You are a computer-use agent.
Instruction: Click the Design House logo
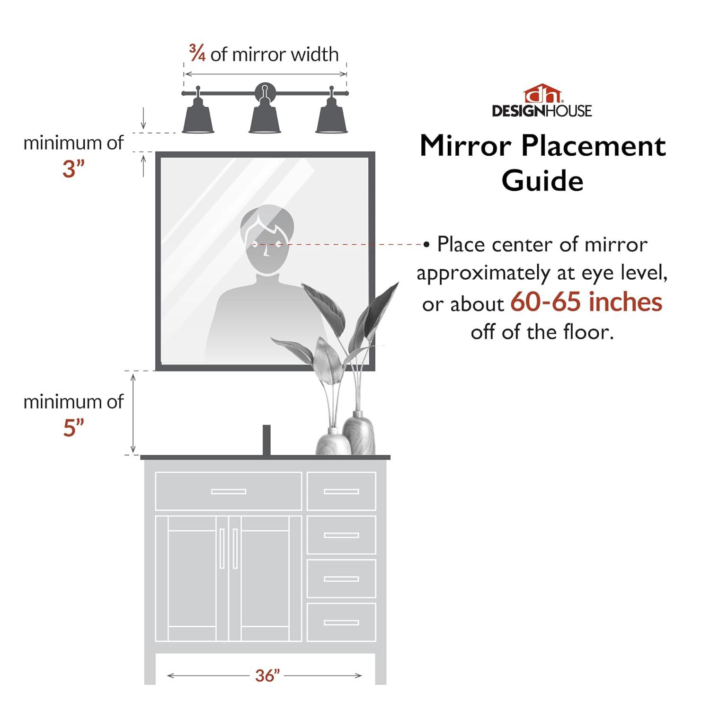[x=542, y=101]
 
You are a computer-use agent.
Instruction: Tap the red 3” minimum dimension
[x=73, y=169]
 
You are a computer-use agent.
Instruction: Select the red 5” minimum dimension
[x=73, y=428]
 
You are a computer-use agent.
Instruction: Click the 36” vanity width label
[x=267, y=675]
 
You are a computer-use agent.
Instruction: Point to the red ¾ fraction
[x=197, y=53]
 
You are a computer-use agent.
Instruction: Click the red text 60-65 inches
[x=586, y=302]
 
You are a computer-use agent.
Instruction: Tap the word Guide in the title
[x=542, y=181]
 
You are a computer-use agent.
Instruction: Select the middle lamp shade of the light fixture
[x=265, y=120]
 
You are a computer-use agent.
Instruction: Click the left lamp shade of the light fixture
[x=198, y=120]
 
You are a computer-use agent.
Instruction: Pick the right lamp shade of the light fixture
[x=332, y=120]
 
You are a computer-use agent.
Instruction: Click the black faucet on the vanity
[x=266, y=440]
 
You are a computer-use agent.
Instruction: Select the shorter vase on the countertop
[x=333, y=441]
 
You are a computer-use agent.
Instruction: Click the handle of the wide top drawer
[x=229, y=491]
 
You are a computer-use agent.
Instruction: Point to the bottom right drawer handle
[x=341, y=622]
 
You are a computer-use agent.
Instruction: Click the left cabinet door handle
[x=222, y=549]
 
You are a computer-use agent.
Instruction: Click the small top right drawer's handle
[x=341, y=491]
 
